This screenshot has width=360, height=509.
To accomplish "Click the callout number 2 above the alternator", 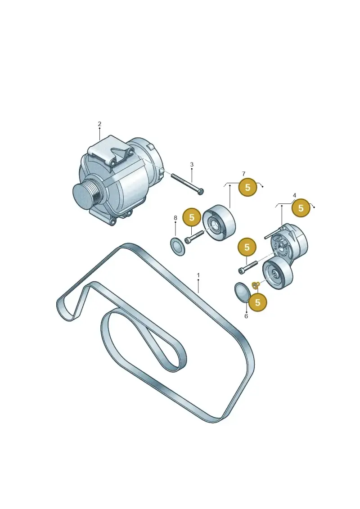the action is tap(99, 124).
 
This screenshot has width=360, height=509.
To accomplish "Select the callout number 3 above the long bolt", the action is tap(192, 165).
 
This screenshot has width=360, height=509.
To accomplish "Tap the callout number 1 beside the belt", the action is tap(198, 275).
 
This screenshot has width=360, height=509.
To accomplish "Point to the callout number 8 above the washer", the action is tap(175, 218).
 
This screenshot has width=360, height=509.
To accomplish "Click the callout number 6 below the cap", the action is tap(246, 316).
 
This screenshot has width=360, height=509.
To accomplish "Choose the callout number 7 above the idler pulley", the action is tap(243, 174).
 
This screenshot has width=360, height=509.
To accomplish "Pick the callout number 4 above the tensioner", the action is tap(294, 195).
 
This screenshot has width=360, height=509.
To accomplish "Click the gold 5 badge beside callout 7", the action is tap(247, 187).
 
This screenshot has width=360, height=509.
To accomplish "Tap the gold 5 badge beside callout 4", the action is tap(301, 208).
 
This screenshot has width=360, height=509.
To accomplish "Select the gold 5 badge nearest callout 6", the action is tap(258, 302).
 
